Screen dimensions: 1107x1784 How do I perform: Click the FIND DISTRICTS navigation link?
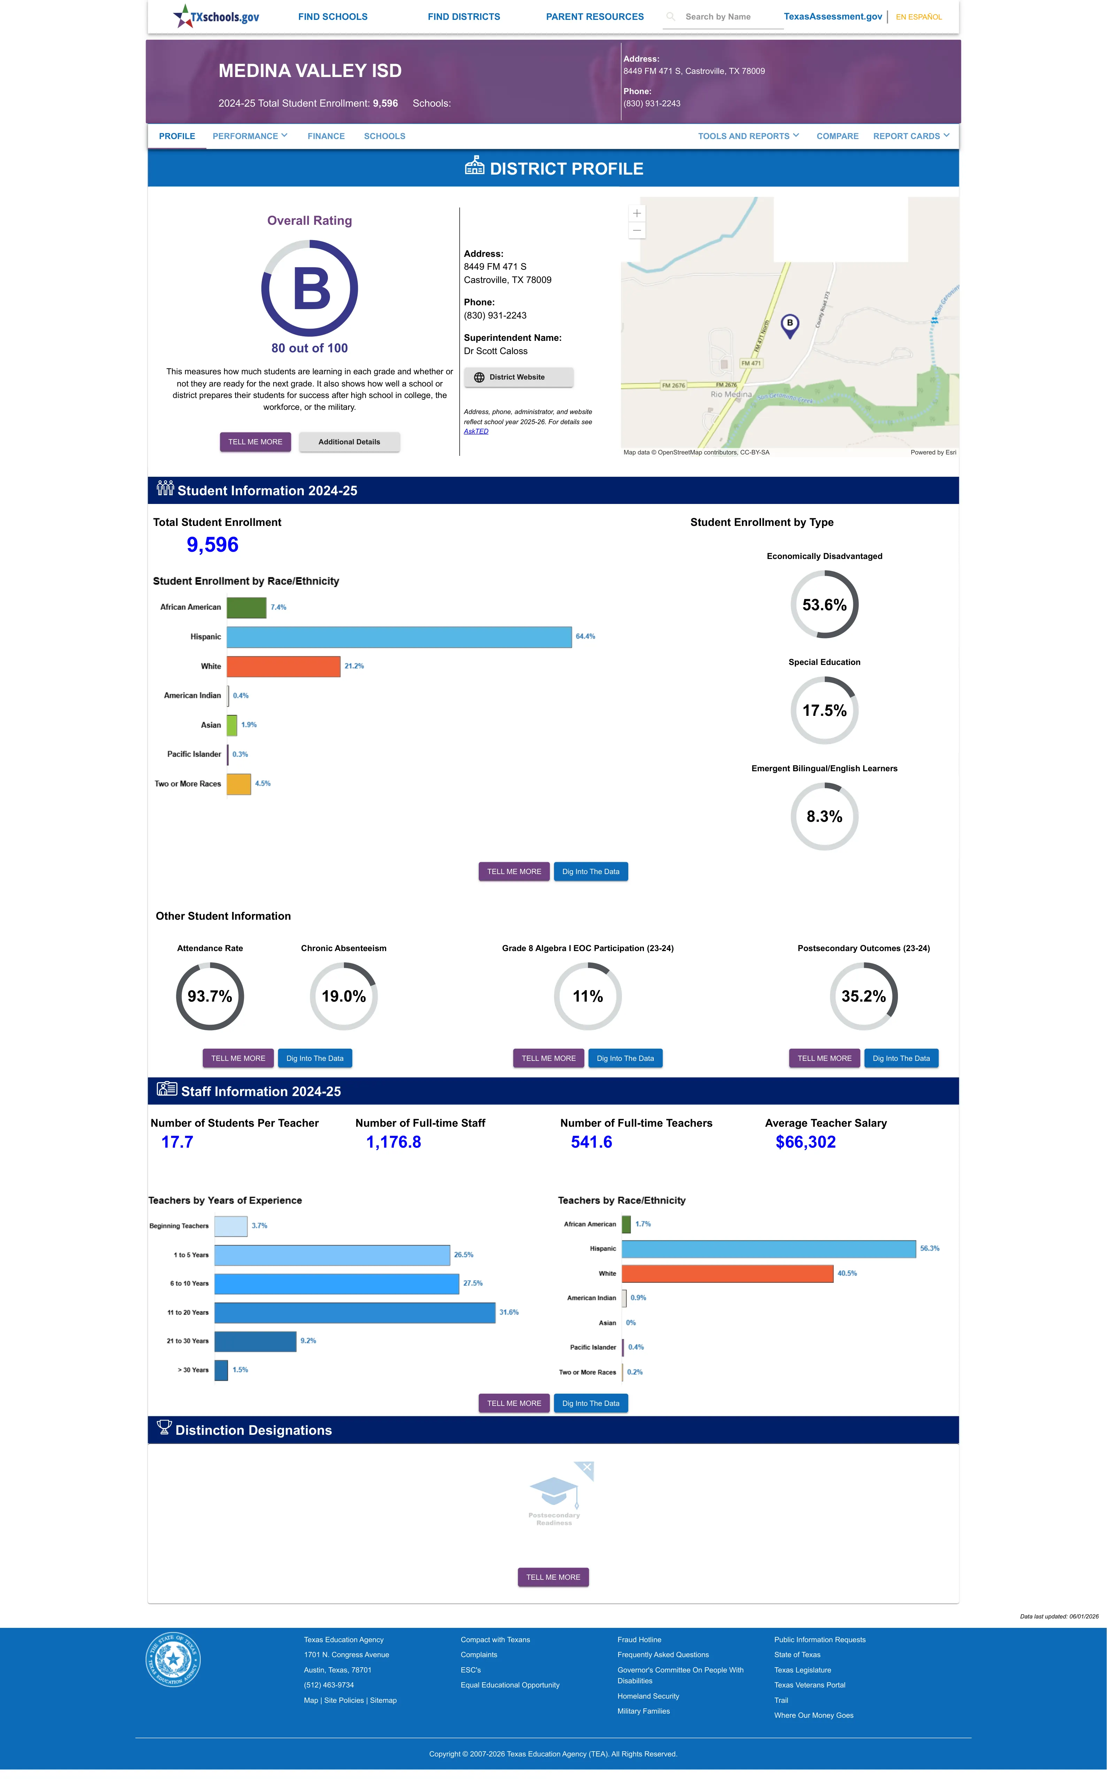pos(463,17)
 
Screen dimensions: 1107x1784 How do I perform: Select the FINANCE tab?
pos(326,136)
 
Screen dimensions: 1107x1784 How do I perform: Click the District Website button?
pos(518,377)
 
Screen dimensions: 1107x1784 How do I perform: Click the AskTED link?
pos(476,431)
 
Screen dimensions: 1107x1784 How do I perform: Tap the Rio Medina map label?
pos(731,395)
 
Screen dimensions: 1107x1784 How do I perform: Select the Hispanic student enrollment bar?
pos(399,637)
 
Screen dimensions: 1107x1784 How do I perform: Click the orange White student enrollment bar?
pos(283,666)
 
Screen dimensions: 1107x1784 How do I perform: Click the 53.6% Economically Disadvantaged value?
pos(824,605)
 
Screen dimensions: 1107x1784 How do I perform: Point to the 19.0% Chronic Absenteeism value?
pos(343,996)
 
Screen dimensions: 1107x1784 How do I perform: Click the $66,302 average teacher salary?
pos(805,1142)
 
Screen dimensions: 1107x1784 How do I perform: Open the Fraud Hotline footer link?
pos(639,1640)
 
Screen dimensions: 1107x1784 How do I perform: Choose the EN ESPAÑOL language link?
pos(919,17)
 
